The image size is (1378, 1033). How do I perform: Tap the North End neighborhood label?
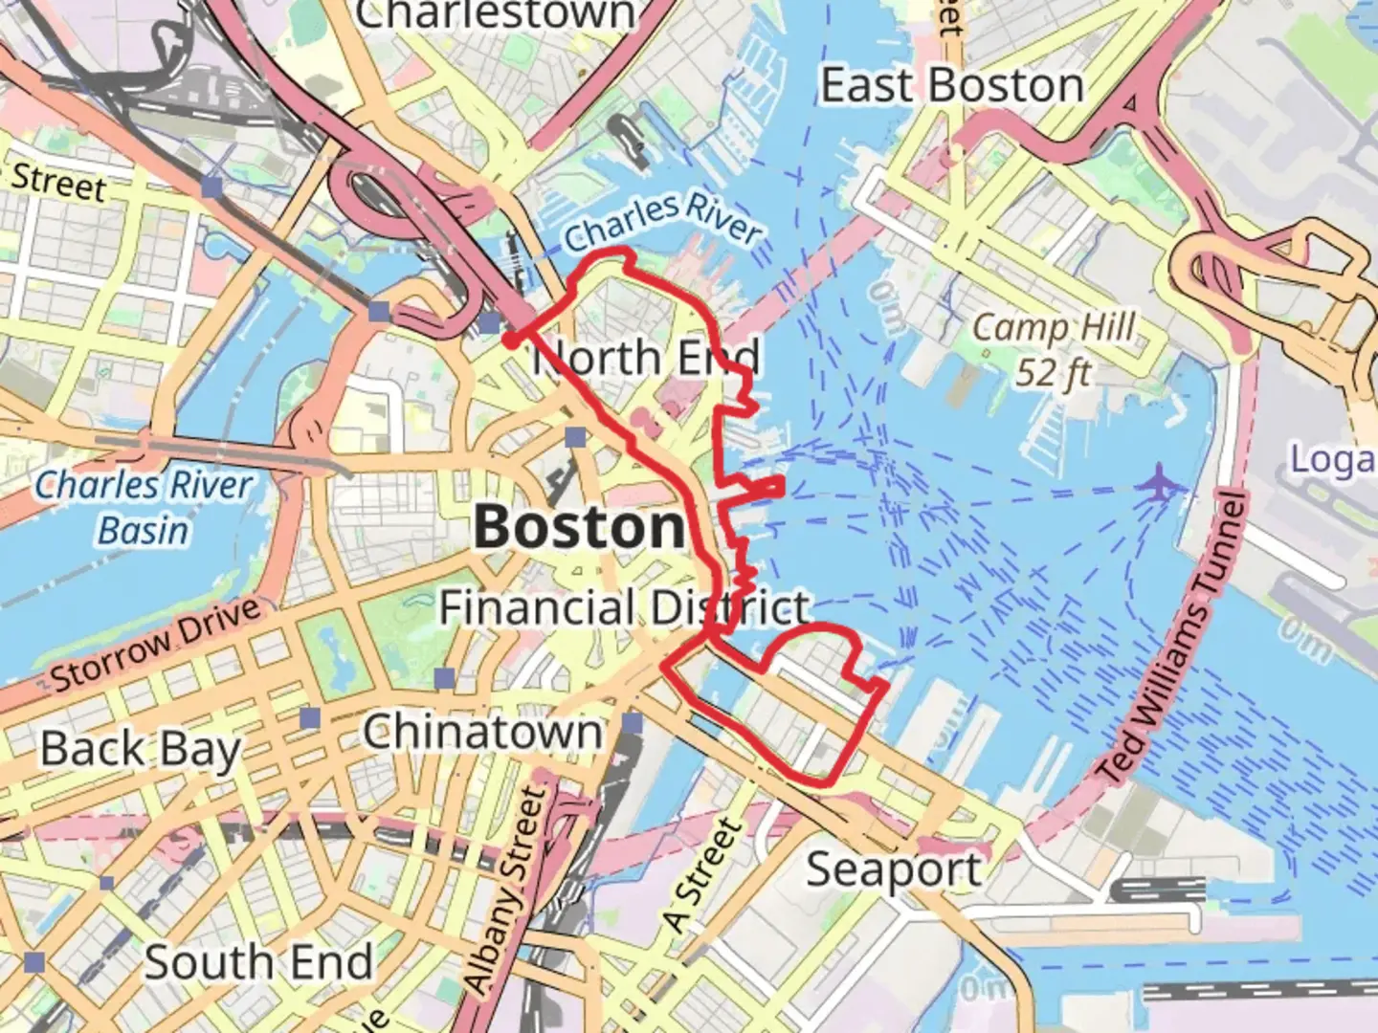click(x=647, y=358)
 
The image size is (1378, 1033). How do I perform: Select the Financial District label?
click(x=624, y=607)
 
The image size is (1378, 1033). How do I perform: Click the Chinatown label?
click(x=483, y=733)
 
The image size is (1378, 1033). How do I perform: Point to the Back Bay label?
click(x=141, y=749)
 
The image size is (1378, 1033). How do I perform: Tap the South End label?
click(x=258, y=962)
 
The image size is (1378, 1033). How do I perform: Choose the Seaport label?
click(x=893, y=870)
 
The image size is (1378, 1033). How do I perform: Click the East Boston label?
click(x=952, y=86)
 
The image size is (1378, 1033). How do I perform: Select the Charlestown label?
click(x=495, y=13)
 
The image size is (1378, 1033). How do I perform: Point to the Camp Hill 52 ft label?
click(x=1054, y=349)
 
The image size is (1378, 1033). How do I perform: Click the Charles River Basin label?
click(x=144, y=507)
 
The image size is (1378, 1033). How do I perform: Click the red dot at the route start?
click(x=511, y=340)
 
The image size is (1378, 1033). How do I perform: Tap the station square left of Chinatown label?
click(x=444, y=679)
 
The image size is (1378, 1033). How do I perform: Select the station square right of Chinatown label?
click(x=633, y=722)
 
